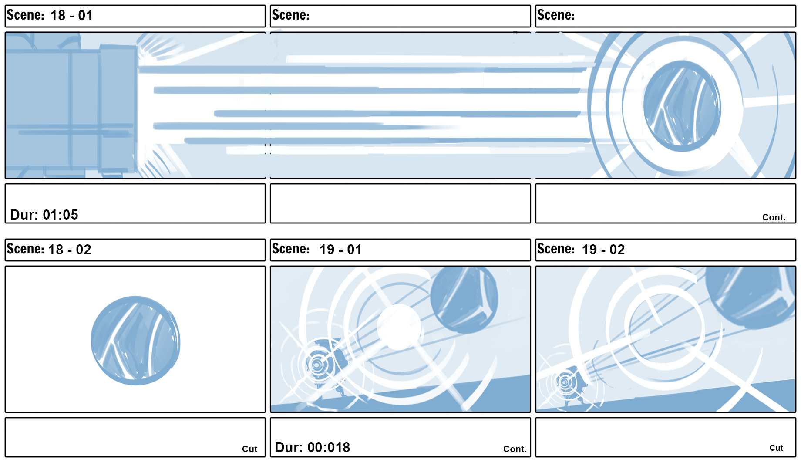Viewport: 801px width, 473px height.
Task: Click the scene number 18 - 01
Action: (x=71, y=16)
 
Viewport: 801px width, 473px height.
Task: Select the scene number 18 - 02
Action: (x=70, y=250)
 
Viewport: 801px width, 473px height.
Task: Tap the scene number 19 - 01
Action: (x=340, y=250)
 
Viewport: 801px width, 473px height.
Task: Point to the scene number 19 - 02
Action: (x=603, y=250)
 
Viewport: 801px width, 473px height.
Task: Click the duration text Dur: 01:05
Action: (x=44, y=215)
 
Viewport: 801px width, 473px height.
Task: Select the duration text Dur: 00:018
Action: (x=313, y=447)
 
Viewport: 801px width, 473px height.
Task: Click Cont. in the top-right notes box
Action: (x=774, y=217)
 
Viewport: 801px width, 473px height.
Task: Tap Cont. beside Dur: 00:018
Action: (x=515, y=449)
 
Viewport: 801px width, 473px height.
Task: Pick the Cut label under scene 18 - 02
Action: (x=249, y=449)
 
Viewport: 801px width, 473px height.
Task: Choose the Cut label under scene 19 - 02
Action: (x=776, y=448)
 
